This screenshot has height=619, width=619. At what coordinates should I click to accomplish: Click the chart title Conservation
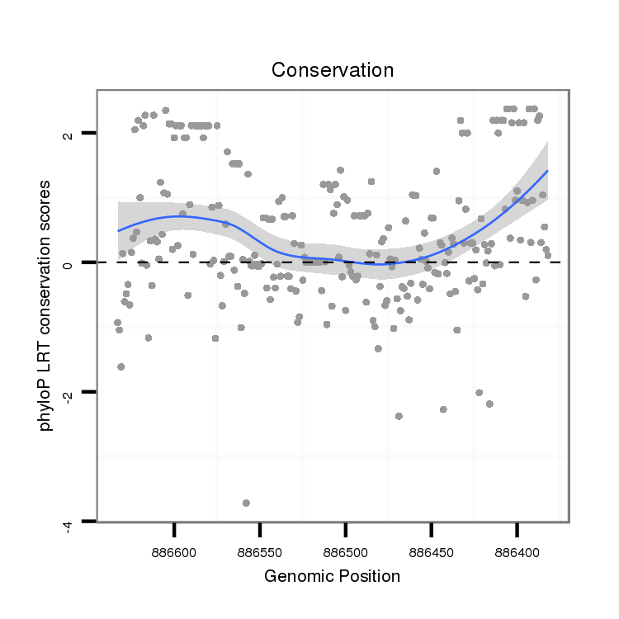click(x=333, y=70)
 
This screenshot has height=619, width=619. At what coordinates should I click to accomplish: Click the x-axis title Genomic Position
click(x=332, y=576)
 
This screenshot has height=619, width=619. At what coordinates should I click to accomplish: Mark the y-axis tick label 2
click(x=69, y=134)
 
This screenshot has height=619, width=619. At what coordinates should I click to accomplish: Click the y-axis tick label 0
click(x=69, y=263)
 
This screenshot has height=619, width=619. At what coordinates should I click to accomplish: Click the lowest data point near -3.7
click(x=246, y=503)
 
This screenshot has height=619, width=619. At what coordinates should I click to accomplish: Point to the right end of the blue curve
click(x=547, y=171)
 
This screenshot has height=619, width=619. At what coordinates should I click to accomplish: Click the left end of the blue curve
click(x=118, y=231)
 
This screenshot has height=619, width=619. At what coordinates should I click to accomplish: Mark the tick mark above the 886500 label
click(x=346, y=528)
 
